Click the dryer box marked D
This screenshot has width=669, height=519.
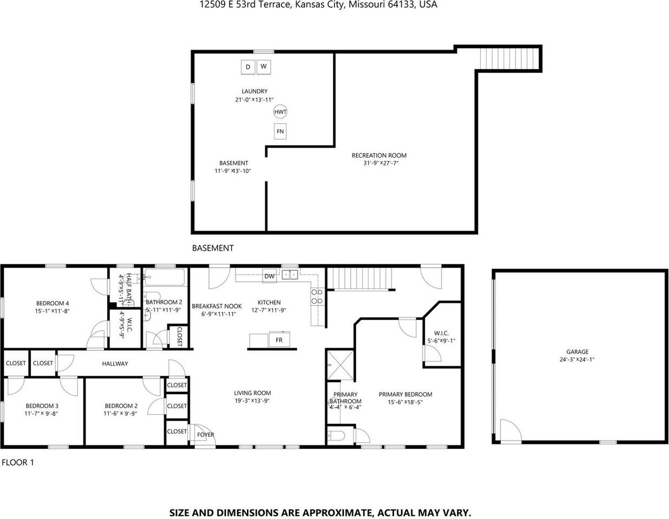(248, 67)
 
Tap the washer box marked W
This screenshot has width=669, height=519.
(264, 66)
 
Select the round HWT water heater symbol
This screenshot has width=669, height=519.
(280, 112)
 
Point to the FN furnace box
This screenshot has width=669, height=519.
(280, 131)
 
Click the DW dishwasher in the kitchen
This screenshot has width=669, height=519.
(270, 276)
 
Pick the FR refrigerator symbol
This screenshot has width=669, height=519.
(279, 340)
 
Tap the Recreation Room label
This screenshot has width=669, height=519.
(379, 155)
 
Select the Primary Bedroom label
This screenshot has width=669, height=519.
(405, 394)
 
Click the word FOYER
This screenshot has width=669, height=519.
(206, 435)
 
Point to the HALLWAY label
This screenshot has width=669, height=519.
(115, 364)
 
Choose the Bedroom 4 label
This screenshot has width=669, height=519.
(53, 303)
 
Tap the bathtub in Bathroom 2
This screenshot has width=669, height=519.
(165, 278)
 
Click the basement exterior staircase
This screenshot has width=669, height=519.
(509, 58)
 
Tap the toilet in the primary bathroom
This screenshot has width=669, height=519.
(337, 436)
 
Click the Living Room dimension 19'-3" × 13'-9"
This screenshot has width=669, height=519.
(252, 401)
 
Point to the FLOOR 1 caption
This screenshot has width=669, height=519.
(18, 462)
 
